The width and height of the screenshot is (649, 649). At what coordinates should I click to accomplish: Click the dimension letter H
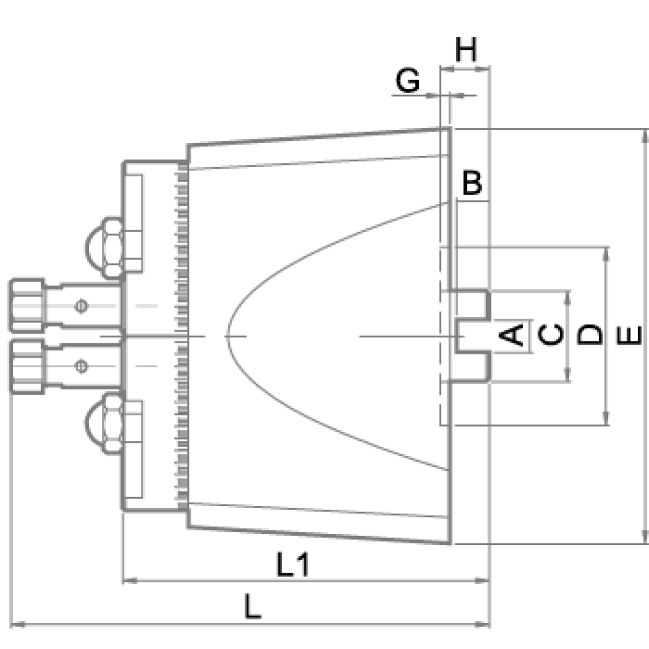[x=466, y=50]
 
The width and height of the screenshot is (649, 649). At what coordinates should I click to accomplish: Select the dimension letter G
[x=408, y=80]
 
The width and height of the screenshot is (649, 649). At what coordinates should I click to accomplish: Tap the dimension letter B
[x=472, y=182]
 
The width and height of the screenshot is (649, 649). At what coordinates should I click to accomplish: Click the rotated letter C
[x=551, y=335]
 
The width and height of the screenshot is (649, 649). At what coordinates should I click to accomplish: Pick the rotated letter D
[x=589, y=334]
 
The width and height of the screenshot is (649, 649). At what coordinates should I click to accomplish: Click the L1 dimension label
[x=293, y=565]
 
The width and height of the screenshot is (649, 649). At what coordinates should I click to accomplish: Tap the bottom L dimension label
[x=252, y=606]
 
